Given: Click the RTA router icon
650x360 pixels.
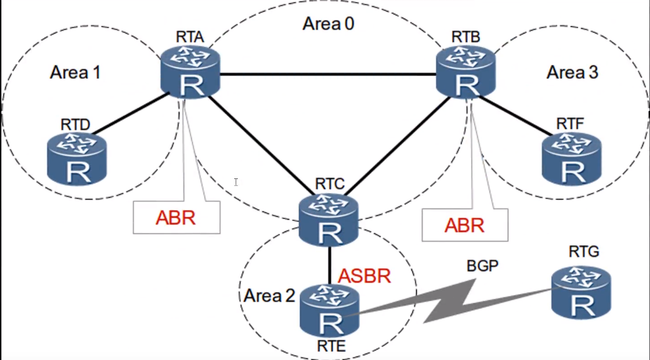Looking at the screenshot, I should coord(189,74).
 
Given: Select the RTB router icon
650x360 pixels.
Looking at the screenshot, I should coord(466,74).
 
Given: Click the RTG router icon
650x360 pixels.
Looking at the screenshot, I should coord(580,291).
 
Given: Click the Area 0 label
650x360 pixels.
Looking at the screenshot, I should coord(328,25).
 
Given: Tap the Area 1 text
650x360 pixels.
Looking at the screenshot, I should coord(75,73).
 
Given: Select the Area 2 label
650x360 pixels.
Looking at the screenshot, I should coord(269,295).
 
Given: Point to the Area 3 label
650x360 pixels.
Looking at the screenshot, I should coord(572,73).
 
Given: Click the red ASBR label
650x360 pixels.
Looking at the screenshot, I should coord(364,276).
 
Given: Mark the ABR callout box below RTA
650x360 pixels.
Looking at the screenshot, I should coord(176,217).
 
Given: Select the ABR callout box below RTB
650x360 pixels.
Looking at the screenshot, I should coord(465,225).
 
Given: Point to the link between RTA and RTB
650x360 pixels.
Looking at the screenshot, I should coord(328,75).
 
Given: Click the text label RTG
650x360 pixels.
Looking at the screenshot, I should coord(580,254).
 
